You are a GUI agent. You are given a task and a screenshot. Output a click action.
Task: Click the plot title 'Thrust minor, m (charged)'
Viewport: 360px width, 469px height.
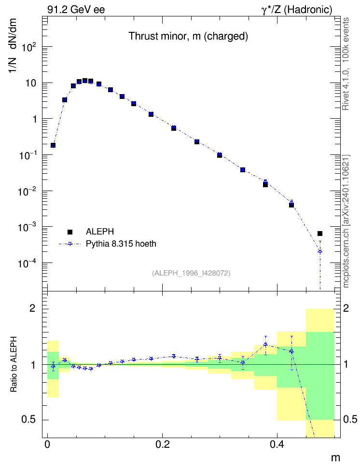click(x=188, y=36)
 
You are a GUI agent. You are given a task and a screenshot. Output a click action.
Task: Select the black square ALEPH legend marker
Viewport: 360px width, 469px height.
click(x=70, y=232)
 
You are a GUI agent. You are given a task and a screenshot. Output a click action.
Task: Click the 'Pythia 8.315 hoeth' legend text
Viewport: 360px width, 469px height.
click(x=121, y=244)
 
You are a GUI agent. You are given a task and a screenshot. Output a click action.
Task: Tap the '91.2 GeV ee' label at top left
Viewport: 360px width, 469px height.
click(x=76, y=10)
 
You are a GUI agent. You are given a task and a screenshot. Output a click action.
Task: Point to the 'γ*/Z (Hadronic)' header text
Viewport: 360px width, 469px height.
click(x=297, y=10)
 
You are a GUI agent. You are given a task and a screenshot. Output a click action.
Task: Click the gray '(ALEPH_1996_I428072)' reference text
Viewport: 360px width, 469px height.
click(x=191, y=273)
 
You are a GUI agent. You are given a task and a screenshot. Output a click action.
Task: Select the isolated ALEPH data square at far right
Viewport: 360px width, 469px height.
click(x=320, y=234)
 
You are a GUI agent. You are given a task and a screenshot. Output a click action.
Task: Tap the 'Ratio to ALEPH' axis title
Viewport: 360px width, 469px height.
click(x=14, y=364)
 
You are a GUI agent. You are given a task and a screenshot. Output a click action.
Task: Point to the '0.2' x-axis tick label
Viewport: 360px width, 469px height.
click(x=163, y=444)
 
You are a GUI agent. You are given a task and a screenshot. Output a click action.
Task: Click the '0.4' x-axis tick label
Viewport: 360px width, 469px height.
click(x=277, y=444)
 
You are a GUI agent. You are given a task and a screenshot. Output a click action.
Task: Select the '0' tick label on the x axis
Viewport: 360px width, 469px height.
click(x=47, y=444)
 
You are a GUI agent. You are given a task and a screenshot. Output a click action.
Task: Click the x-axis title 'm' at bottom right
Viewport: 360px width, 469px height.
click(x=335, y=458)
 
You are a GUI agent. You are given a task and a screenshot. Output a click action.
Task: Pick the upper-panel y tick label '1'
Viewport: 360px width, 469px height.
click(x=35, y=119)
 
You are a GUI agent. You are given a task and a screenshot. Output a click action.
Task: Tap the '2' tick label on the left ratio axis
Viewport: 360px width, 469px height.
click(x=32, y=308)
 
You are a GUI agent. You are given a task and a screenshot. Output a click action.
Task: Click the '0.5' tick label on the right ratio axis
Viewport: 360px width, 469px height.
click(x=350, y=419)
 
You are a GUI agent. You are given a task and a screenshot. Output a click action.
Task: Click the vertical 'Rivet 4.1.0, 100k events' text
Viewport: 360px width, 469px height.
click(x=346, y=64)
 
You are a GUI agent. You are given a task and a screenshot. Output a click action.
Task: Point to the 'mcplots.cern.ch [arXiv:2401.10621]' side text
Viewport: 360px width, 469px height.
click(x=346, y=221)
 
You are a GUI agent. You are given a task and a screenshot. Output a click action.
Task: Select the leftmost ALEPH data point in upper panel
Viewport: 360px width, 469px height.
click(x=53, y=145)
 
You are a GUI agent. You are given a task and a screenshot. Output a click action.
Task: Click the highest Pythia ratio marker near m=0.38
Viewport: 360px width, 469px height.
click(x=265, y=345)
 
